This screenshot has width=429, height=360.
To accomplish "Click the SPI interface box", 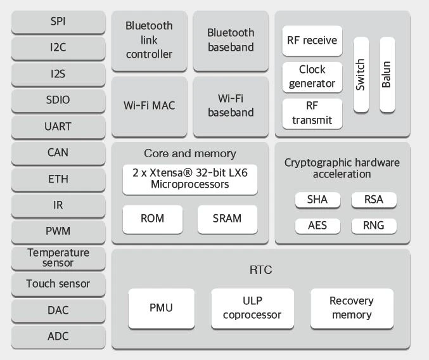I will (58, 22).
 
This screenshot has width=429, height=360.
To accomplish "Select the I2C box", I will (58, 48).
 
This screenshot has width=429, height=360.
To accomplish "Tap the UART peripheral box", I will (58, 126).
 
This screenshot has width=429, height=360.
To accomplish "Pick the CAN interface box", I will (58, 153).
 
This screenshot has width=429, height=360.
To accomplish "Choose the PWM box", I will (58, 231).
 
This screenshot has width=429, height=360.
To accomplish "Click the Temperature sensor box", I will (58, 257).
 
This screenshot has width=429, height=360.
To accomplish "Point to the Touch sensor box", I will (58, 284).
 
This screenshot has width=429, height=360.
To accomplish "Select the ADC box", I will (58, 337).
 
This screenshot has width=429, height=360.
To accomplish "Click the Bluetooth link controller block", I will (149, 41).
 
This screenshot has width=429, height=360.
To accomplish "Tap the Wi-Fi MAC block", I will (149, 106).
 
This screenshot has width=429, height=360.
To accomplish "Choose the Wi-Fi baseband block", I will (231, 106).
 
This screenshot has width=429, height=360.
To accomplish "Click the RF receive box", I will (312, 41).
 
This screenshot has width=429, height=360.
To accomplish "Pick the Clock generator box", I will (312, 76).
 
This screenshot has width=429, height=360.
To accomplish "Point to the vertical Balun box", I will (387, 74).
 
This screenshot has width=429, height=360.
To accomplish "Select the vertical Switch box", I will (361, 74).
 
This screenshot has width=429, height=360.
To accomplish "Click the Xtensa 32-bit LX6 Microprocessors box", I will (189, 179).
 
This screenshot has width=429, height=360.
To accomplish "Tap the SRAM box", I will (227, 219).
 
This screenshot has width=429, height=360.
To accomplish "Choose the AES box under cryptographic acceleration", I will (317, 226).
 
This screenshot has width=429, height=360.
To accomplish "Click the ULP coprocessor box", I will (252, 308).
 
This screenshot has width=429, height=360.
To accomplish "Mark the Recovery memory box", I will (351, 308).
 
